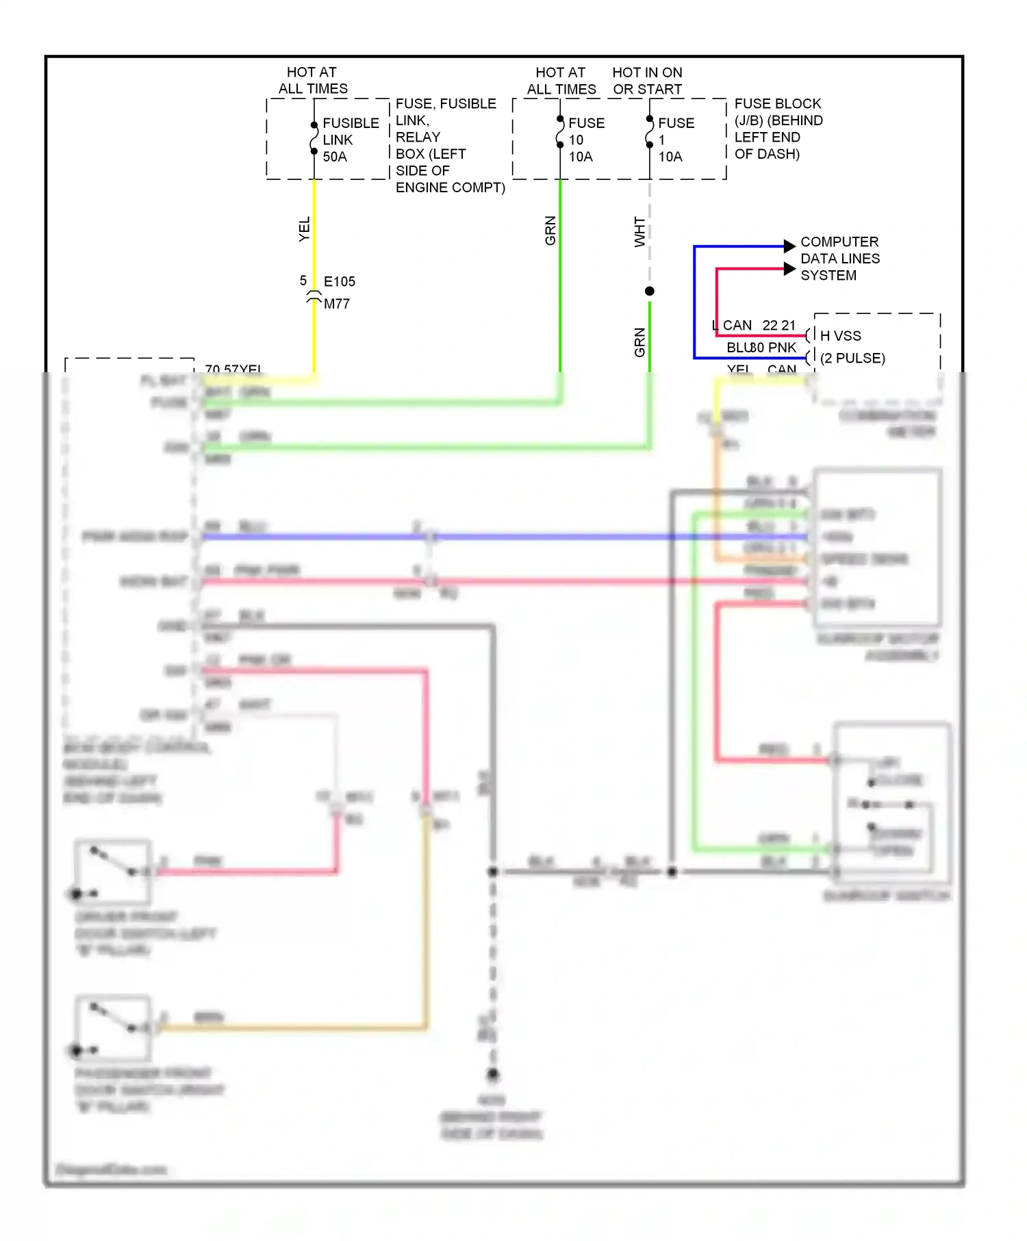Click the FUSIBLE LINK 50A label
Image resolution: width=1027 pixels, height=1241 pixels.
pos(350,140)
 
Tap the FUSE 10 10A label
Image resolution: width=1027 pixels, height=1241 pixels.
pos(586,140)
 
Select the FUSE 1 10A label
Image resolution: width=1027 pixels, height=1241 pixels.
pos(675,140)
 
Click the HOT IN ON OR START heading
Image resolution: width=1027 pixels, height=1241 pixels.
pos(647,81)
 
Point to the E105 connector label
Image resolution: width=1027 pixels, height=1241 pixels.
pos(339,281)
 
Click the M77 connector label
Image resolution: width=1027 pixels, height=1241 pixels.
pos(336,304)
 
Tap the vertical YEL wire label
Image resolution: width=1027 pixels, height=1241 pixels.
pos(304,228)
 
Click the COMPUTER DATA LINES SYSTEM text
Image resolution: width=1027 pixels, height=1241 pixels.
pos(839,259)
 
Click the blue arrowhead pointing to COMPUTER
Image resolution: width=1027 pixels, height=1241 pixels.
pos(789,246)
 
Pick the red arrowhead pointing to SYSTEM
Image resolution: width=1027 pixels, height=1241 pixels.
pos(789,269)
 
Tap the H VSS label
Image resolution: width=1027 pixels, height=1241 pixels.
pos(840,336)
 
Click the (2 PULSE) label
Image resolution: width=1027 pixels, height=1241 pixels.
pos(852,358)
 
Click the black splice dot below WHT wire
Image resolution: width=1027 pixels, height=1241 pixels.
pos(649,291)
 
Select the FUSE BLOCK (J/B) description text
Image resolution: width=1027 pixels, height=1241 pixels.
pos(778,129)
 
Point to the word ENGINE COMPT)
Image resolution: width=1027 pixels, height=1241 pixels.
pos(450,187)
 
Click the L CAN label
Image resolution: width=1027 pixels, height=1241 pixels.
pos(732,326)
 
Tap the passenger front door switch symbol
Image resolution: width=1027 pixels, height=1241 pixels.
pos(113,1026)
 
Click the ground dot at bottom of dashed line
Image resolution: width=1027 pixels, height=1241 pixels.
pos(493,1075)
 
